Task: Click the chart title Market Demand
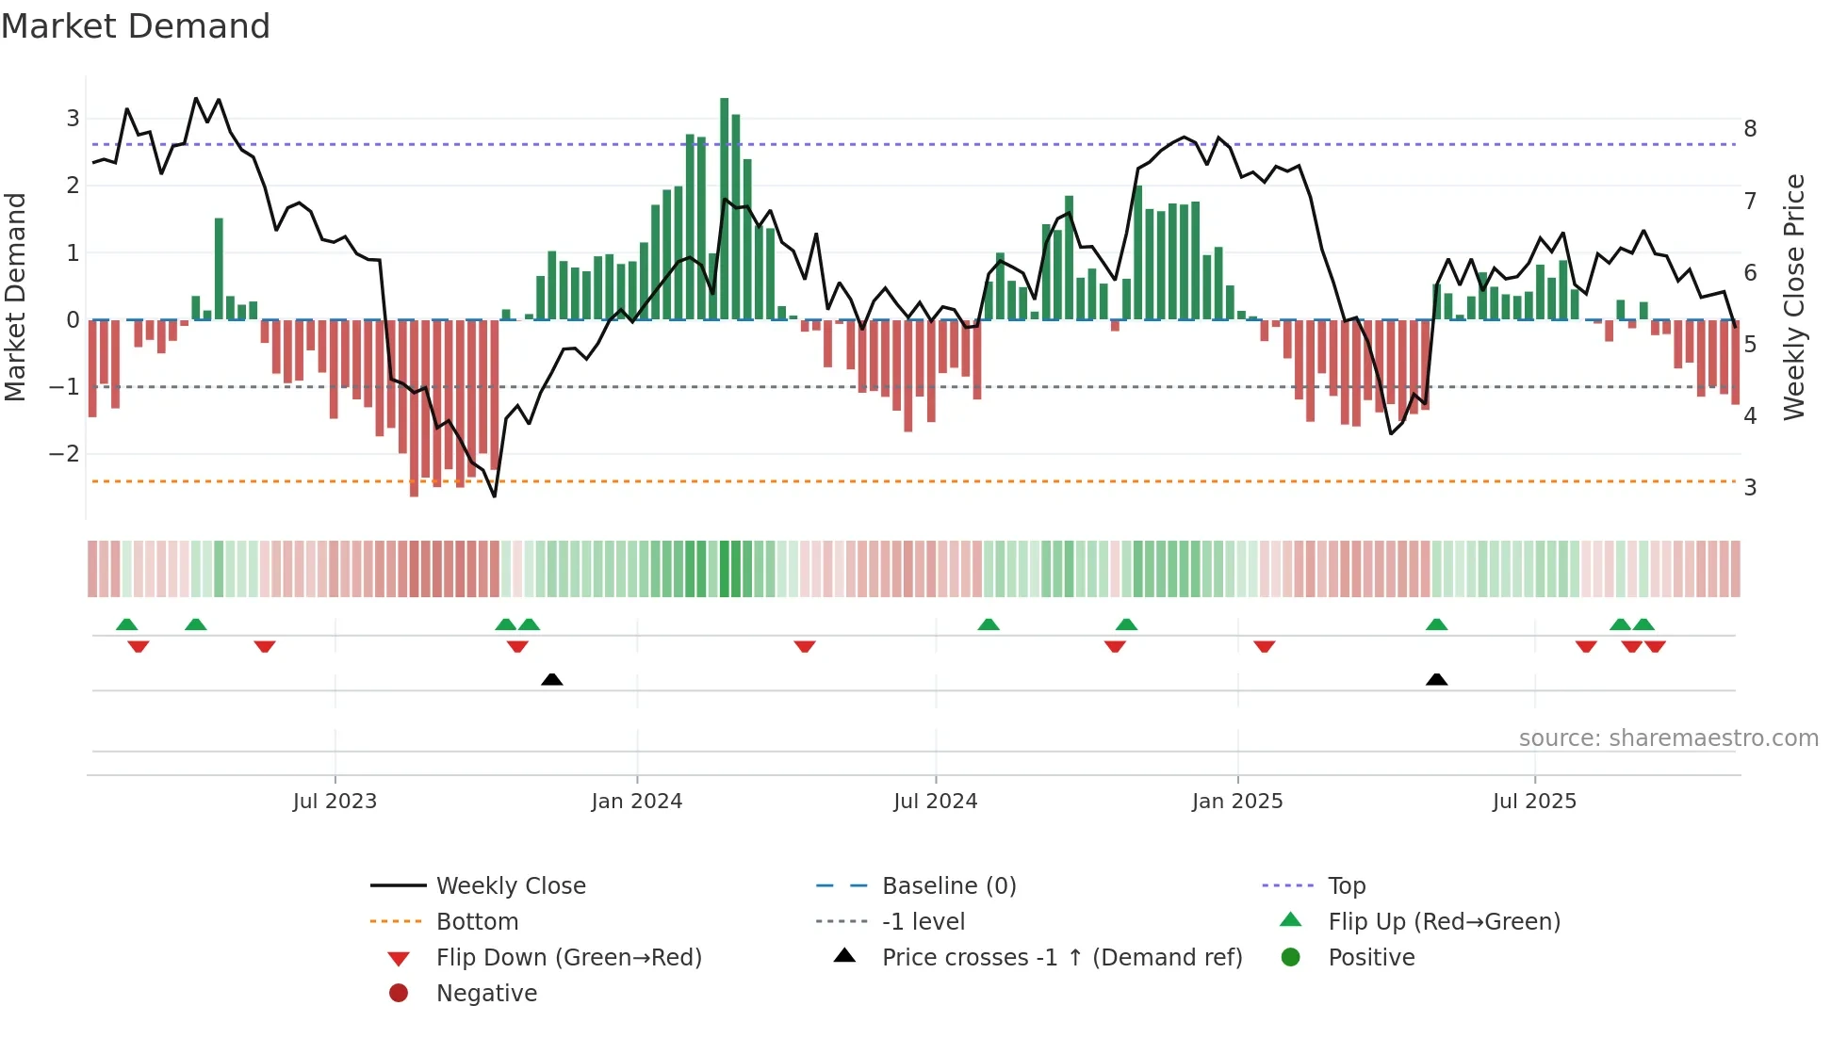click(x=136, y=26)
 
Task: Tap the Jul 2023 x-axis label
click(x=335, y=802)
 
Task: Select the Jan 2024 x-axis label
click(x=636, y=802)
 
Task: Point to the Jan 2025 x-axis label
click(x=1236, y=802)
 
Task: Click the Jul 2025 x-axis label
click(x=1534, y=802)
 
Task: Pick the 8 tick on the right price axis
click(x=1750, y=129)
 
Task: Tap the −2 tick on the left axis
click(x=64, y=454)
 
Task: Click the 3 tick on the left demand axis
click(x=73, y=119)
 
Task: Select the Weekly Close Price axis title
click(x=1794, y=297)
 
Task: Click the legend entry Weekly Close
click(x=510, y=886)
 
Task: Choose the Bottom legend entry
click(x=477, y=922)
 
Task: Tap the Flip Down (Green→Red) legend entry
click(x=568, y=958)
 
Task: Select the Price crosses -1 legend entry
click(x=1062, y=958)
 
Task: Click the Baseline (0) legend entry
click(x=949, y=886)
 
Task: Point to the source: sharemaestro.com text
click(x=1668, y=738)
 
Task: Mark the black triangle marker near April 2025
click(x=1436, y=679)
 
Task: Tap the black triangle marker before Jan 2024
click(x=552, y=679)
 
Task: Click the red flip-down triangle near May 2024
click(x=804, y=646)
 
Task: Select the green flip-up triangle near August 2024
click(x=988, y=624)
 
